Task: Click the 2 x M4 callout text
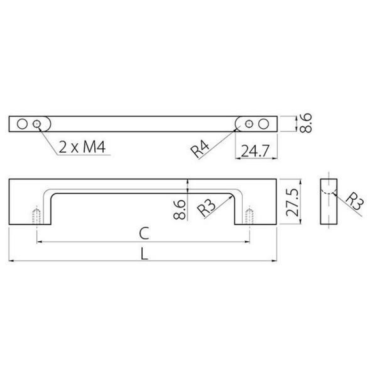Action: [82, 147]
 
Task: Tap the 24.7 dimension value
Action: [255, 151]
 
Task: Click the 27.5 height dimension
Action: [292, 202]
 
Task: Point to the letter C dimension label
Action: [144, 233]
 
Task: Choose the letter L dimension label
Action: [144, 254]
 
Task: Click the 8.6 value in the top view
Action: [306, 123]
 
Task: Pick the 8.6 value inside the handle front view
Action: [180, 209]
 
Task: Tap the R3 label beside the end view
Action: [355, 201]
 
